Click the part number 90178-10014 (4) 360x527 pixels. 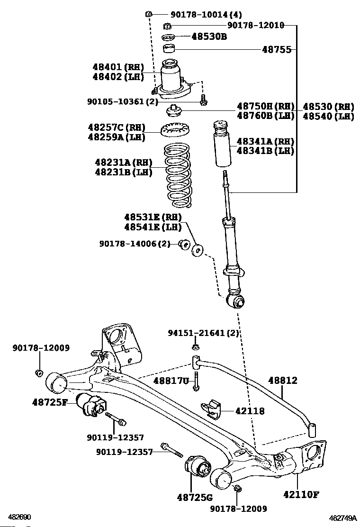click(x=206, y=14)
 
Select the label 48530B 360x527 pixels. click(x=209, y=36)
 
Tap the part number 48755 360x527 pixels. click(x=276, y=50)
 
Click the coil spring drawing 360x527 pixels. click(x=177, y=175)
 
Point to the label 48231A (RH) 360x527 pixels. click(x=124, y=163)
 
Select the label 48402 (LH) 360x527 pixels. click(x=118, y=77)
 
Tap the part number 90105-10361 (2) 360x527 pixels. click(x=123, y=101)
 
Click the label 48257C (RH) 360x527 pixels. click(x=117, y=127)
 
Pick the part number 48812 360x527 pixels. click(x=282, y=381)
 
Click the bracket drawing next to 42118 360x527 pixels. click(x=211, y=409)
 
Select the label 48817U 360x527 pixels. click(x=171, y=381)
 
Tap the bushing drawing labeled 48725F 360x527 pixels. click(x=91, y=405)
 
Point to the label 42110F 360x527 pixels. click(x=301, y=494)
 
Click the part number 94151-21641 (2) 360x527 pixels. click(x=204, y=333)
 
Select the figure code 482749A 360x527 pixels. click(x=342, y=518)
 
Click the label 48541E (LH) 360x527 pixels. click(x=153, y=227)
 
